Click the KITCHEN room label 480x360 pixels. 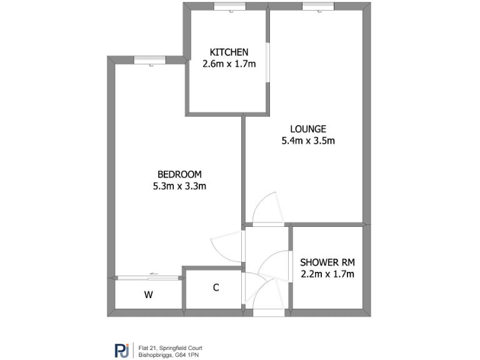(x=229, y=52)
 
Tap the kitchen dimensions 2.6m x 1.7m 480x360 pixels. (x=229, y=63)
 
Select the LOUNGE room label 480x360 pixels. (x=307, y=129)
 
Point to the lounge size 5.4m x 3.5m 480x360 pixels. (x=307, y=141)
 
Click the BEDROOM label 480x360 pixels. (x=179, y=174)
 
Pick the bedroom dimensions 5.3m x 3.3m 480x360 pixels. (x=179, y=186)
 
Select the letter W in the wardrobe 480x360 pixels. (x=149, y=294)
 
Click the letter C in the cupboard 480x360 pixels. (x=216, y=288)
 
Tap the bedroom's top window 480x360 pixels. (x=149, y=60)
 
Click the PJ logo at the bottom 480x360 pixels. (x=121, y=351)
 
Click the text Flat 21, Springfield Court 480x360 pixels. (x=170, y=347)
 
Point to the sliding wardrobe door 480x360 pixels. (x=149, y=277)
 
